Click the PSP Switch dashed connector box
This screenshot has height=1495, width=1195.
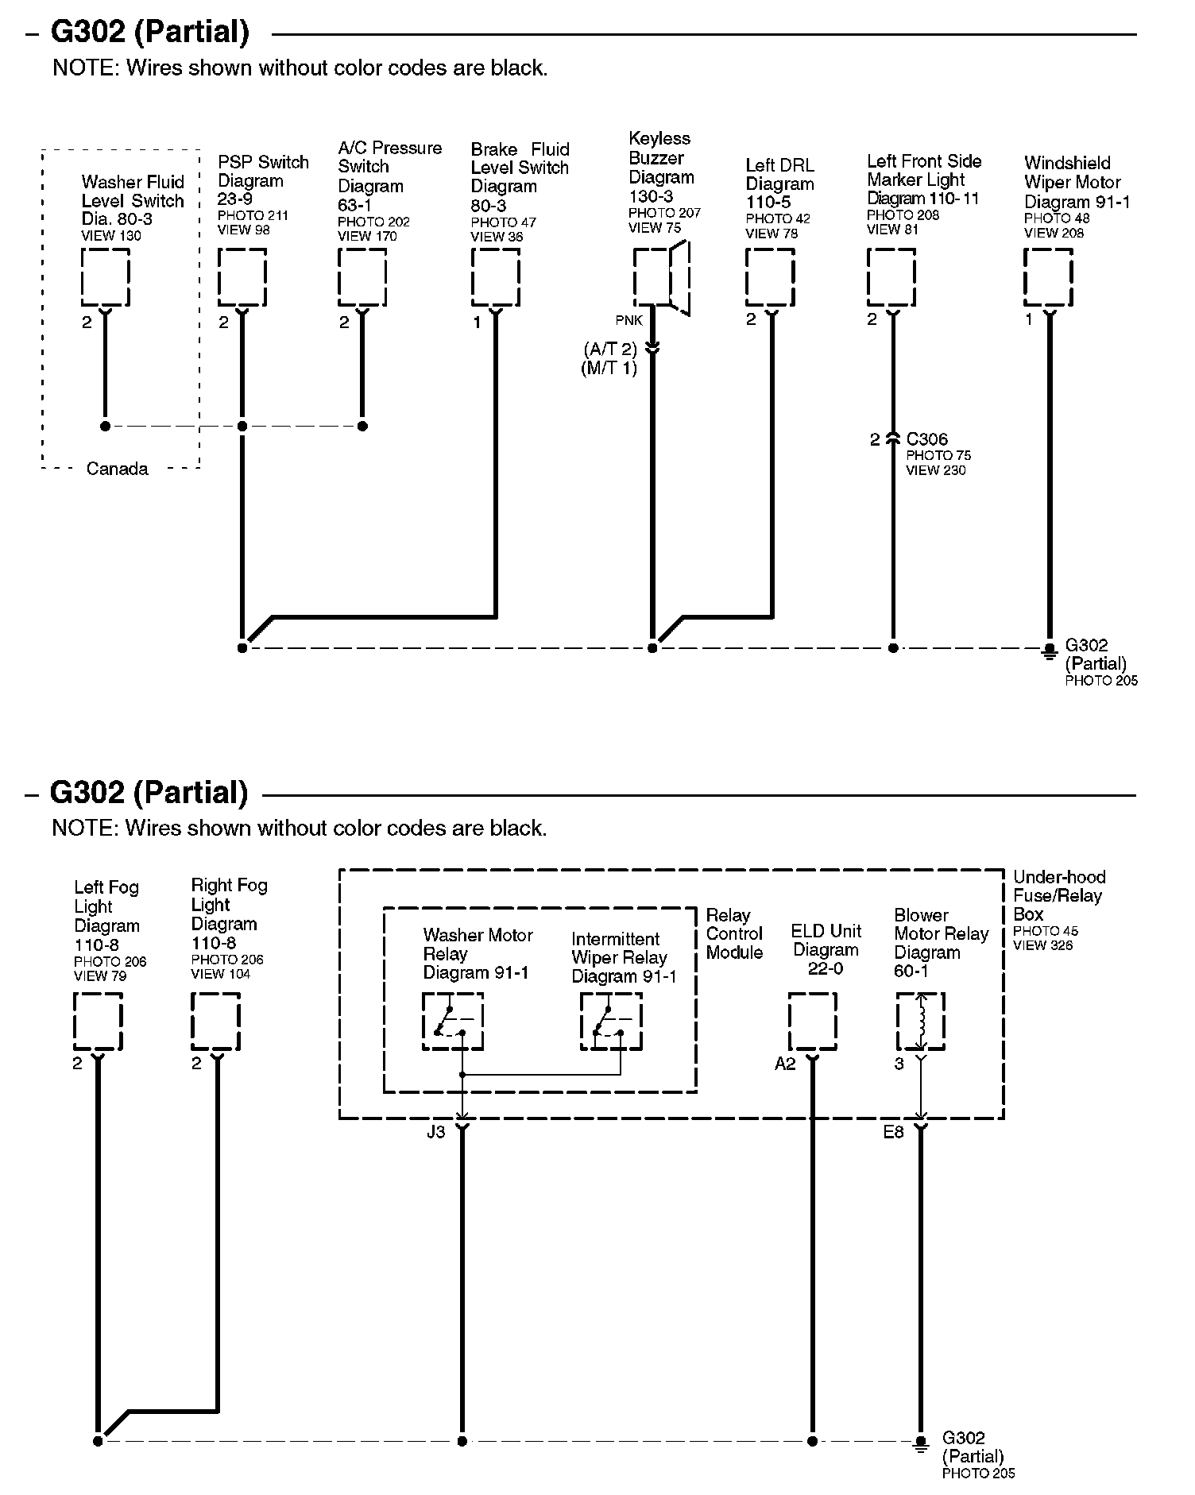[x=242, y=276]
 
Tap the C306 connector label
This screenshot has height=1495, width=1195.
[x=926, y=439]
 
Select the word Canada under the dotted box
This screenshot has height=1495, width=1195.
[x=117, y=469]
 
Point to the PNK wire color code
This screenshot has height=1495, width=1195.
[x=628, y=320]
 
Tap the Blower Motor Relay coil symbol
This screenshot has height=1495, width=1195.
[x=920, y=1021]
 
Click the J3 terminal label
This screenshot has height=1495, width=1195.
[x=435, y=1132]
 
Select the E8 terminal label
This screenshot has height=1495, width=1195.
[x=893, y=1132]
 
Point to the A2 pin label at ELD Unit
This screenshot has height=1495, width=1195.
[x=785, y=1064]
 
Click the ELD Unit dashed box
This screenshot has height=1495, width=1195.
[x=812, y=1021]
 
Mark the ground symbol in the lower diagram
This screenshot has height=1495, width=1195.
[x=920, y=1443]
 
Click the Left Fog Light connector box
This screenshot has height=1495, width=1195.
[x=98, y=1021]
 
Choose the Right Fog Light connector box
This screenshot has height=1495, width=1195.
[x=215, y=1021]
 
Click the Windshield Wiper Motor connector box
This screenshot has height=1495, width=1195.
[x=1048, y=276]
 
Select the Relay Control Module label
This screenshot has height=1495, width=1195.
[x=734, y=933]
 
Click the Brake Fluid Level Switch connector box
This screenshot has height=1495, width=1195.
[x=495, y=276]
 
